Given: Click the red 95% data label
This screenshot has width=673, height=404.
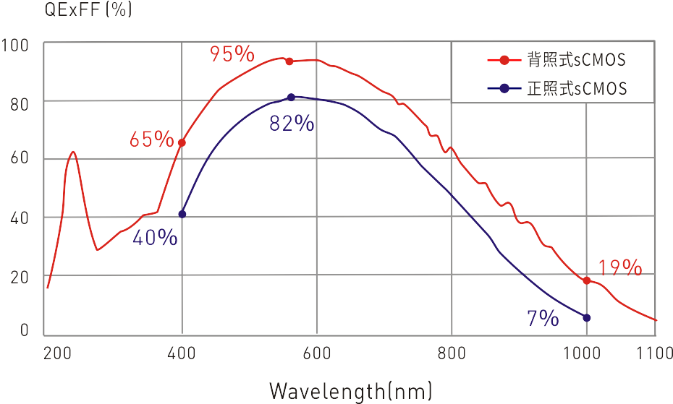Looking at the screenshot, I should point(232,53).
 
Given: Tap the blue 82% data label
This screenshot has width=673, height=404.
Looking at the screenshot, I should point(292,124).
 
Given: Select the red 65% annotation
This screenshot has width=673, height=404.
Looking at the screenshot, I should point(151,139).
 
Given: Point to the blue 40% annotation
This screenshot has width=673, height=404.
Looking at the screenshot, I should point(155,237).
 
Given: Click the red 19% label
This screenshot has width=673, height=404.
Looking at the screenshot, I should point(621,268).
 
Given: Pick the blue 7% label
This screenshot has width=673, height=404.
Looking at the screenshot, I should point(543,318).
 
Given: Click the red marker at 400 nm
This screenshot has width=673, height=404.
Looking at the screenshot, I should point(182,143).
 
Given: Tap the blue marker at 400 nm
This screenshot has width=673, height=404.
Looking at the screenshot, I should point(182,214).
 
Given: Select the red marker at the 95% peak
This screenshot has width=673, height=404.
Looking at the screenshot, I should point(289,61).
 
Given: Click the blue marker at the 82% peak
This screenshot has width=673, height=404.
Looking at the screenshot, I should point(292,97).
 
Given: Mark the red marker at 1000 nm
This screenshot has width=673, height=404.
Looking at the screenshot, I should point(586,280).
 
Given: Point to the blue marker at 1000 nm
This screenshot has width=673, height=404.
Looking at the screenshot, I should point(586,318).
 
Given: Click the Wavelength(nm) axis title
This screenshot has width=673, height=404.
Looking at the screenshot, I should point(351,391).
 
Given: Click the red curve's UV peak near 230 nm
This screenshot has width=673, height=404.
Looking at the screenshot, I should point(73,152).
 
